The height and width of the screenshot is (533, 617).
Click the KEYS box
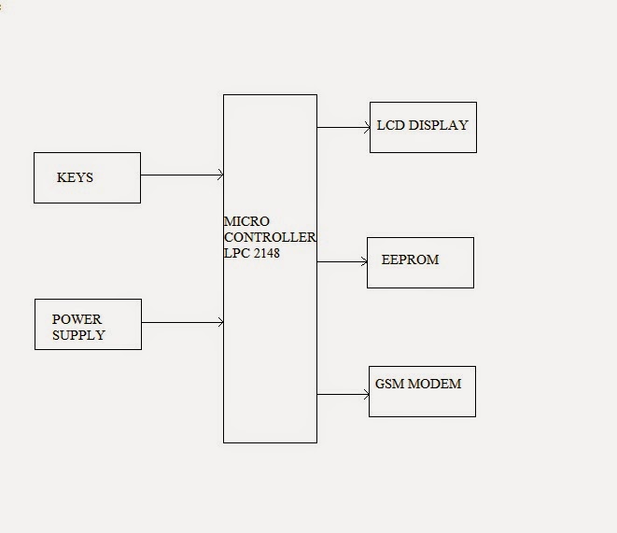click(x=87, y=177)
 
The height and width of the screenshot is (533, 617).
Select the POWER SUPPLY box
click(x=88, y=324)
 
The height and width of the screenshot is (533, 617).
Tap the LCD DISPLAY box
click(x=423, y=127)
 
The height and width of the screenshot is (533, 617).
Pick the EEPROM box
click(x=420, y=262)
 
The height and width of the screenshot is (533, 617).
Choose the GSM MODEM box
click(x=422, y=391)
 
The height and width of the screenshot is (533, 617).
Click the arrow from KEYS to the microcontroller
click(x=182, y=175)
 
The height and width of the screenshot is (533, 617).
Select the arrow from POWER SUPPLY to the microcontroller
click(x=182, y=323)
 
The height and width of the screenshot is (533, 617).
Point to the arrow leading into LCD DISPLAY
click(x=344, y=128)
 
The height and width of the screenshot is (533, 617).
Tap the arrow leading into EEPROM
click(x=342, y=262)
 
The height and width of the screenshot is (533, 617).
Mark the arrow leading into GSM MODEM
click(x=343, y=395)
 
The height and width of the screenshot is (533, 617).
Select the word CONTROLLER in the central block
click(x=270, y=237)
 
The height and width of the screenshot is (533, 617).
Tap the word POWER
click(x=77, y=319)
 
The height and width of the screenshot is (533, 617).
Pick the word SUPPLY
click(x=78, y=334)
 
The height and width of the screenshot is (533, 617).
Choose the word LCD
click(x=390, y=125)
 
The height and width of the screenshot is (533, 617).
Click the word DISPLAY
click(x=437, y=125)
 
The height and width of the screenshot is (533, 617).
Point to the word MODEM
click(x=435, y=384)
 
